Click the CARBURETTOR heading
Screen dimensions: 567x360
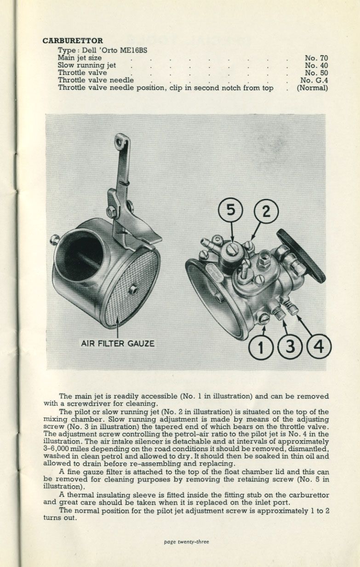pyautogui.click(x=73, y=41)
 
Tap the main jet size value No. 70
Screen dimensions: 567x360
pyautogui.click(x=316, y=58)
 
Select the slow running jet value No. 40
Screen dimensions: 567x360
pyautogui.click(x=316, y=66)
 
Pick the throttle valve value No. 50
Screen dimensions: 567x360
pyautogui.click(x=316, y=73)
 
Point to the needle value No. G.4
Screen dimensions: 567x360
pyautogui.click(x=314, y=80)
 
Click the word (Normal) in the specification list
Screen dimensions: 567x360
pyautogui.click(x=312, y=88)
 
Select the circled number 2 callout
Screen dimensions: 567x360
pyautogui.click(x=266, y=212)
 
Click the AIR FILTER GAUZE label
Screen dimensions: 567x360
pyautogui.click(x=118, y=343)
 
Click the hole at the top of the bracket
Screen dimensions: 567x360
pyautogui.click(x=121, y=143)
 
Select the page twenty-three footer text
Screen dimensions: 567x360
pyautogui.click(x=186, y=542)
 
